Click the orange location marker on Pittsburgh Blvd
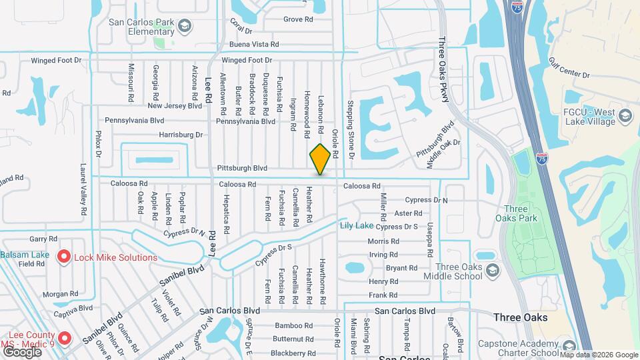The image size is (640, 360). pos(320,159)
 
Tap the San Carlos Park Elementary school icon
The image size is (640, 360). pos(185,27)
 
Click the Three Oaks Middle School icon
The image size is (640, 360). pos(492,270)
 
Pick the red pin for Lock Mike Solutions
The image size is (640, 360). pos(64,257)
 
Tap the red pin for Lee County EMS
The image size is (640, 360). pos(64,338)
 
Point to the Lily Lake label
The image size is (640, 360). pos(357,225)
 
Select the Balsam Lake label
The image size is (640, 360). pos(25,255)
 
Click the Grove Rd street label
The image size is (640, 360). pos(297,19)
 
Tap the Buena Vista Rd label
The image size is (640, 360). pos(254,44)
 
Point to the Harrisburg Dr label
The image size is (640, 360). pos(181,135)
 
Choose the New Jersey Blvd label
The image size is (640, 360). pos(175,105)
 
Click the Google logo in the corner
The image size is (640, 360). pos(22,351)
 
